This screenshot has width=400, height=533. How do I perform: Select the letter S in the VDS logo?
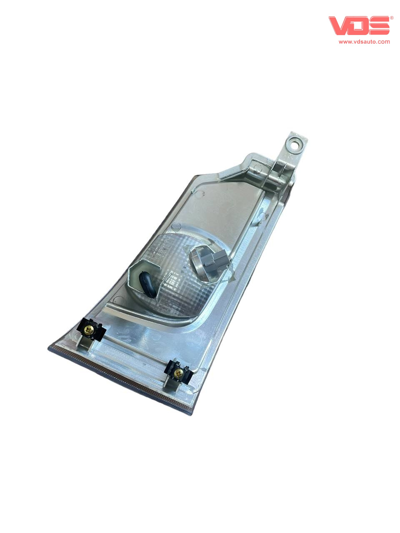pyautogui.click(x=380, y=26)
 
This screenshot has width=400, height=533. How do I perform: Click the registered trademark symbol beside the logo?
pyautogui.click(x=392, y=18)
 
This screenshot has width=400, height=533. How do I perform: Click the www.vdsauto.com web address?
pyautogui.click(x=364, y=42)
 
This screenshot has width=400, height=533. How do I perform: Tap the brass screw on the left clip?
pyautogui.click(x=88, y=329)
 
